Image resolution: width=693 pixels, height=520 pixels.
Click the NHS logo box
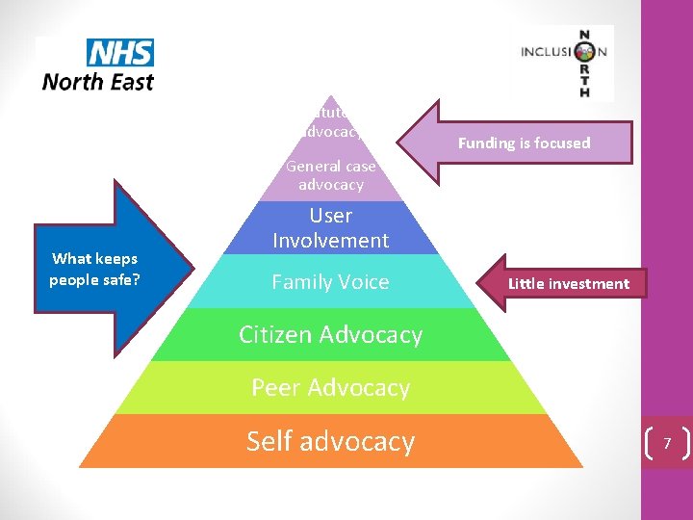tap(119, 52)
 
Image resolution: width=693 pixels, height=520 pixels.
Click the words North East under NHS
tap(98, 82)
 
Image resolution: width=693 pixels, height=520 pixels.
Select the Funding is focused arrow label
tap(524, 143)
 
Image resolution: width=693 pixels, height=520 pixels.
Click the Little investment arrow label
tap(568, 283)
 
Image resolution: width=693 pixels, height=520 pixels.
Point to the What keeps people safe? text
tap(94, 269)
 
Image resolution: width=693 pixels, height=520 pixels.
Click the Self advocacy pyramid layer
tap(330, 441)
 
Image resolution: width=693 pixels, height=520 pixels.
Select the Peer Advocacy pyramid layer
tap(330, 387)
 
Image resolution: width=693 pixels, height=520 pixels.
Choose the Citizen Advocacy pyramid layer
tap(330, 334)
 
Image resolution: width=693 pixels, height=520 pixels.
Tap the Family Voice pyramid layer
tap(330, 282)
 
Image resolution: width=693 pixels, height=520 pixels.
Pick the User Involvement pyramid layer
tap(330, 228)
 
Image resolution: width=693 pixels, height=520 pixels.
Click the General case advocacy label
tap(330, 175)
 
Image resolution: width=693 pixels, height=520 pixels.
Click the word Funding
tap(487, 143)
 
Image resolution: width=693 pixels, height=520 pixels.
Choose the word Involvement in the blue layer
tap(330, 241)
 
